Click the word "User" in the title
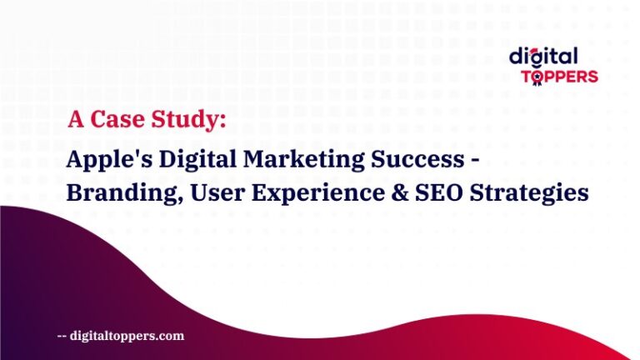(208, 193)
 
